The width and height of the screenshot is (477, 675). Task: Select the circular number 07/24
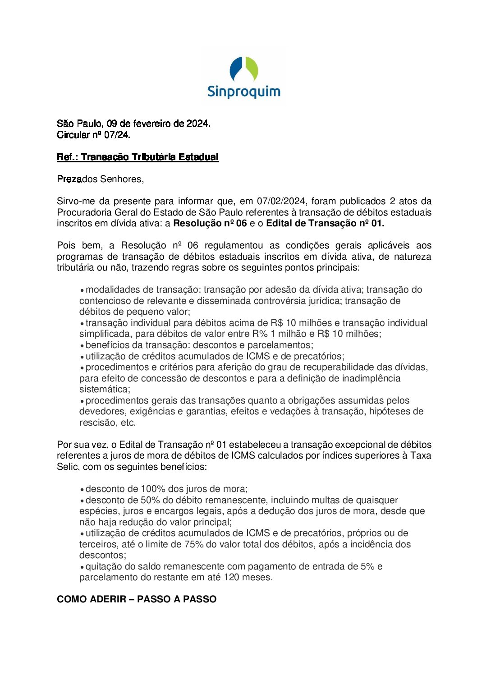[x=117, y=135]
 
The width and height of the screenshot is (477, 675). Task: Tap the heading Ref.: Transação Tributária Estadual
[x=138, y=157]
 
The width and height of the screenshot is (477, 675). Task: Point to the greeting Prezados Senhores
[x=100, y=179]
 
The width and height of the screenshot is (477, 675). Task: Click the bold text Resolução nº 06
[x=210, y=223]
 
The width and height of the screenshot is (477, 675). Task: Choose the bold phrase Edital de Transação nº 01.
[x=325, y=223]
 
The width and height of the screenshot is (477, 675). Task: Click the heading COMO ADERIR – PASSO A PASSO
[x=137, y=599]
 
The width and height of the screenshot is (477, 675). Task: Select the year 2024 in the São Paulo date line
[x=198, y=124]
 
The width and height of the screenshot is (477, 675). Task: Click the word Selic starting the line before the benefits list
[x=67, y=467]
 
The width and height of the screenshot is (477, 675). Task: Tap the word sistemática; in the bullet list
[x=105, y=389]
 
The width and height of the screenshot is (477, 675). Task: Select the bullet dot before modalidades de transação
[x=82, y=290]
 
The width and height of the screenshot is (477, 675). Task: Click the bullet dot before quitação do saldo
[x=82, y=567]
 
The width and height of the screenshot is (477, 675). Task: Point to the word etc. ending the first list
[x=128, y=422]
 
